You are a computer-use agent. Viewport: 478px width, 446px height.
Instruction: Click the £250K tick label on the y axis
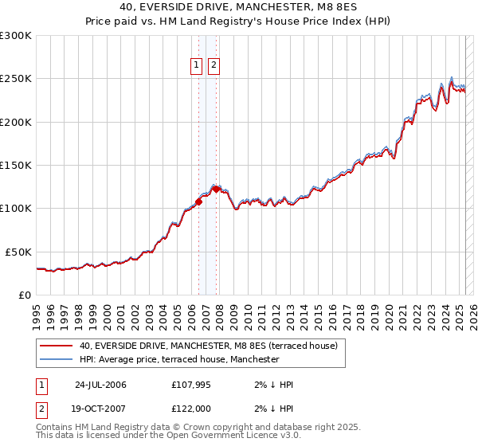point(16,79)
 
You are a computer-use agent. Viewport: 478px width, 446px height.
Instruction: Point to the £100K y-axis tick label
point(16,209)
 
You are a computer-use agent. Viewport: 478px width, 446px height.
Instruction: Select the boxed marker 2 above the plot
point(214,66)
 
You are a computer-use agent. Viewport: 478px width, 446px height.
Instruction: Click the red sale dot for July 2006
point(199,201)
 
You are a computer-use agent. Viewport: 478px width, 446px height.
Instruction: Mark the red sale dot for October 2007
point(216,189)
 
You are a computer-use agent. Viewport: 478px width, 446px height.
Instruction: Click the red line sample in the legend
point(56,346)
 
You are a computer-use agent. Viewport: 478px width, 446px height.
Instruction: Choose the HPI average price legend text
point(179,359)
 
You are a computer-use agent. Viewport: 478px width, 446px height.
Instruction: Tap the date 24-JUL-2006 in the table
point(100,385)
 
